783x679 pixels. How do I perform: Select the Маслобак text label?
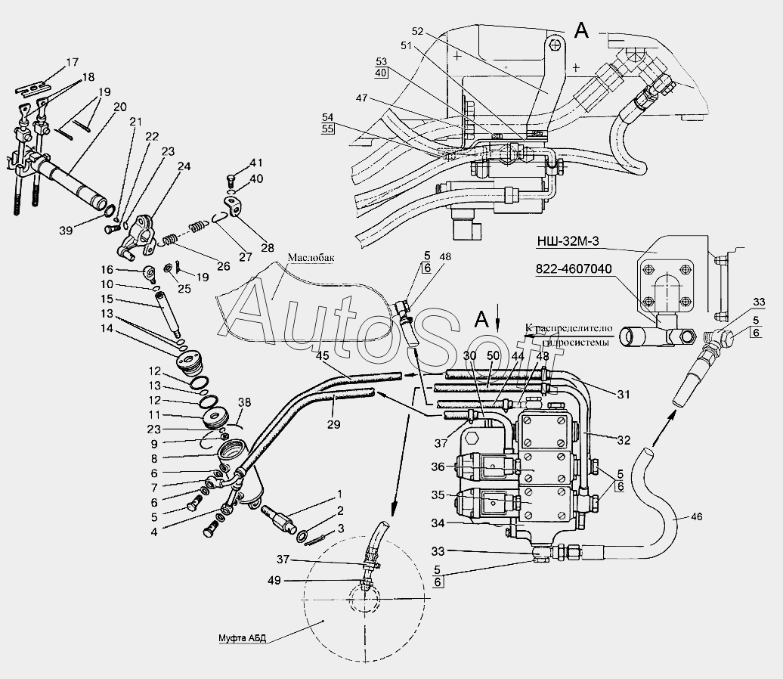point(310,256)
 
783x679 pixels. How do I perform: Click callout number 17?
point(72,62)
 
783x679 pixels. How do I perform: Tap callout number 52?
point(418,31)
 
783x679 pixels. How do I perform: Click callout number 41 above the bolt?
point(257,163)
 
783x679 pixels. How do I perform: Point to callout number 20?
point(120,107)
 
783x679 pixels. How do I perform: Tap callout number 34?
point(438,522)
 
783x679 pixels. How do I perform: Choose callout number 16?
point(107,269)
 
